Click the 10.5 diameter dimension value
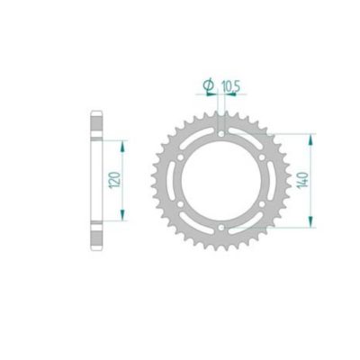(230, 85)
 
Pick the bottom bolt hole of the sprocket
(220, 236)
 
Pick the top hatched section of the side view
(96, 126)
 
